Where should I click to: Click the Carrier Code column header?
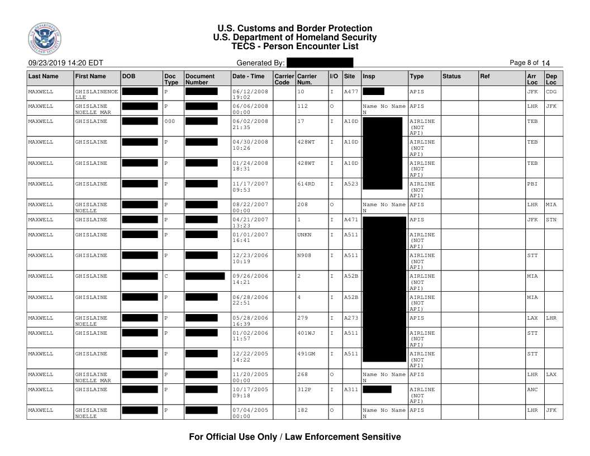[283, 78]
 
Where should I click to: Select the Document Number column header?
[200, 78]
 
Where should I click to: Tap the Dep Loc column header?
[551, 78]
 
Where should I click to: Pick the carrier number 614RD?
[307, 182]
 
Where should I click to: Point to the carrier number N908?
[305, 255]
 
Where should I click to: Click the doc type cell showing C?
[166, 276]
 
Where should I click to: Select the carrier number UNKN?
[305, 235]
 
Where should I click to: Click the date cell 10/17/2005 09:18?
[250, 392]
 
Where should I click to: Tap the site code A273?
[351, 318]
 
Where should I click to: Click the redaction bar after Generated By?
[320, 63]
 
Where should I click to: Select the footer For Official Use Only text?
[295, 437]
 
